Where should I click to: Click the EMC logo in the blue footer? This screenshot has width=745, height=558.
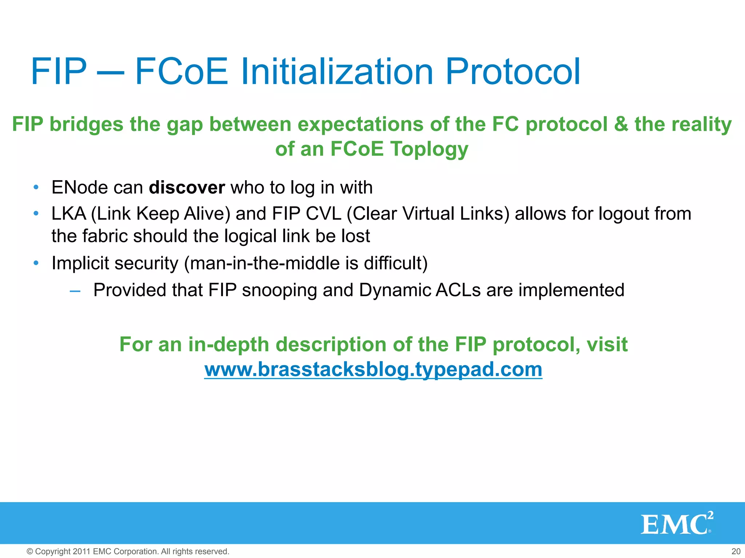pos(677,523)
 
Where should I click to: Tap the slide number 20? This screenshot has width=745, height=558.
pos(736,551)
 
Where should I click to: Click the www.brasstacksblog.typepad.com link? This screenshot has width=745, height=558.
pos(373,369)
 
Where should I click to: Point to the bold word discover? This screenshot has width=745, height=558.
pos(187,188)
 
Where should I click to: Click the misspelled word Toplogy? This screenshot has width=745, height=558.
pos(429,149)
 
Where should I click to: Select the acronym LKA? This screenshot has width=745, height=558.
pos(69,214)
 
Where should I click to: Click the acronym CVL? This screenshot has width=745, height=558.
pos(323,214)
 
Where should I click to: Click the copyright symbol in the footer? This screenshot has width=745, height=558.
pos(30,551)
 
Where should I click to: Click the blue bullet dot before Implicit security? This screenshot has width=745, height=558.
pos(36,263)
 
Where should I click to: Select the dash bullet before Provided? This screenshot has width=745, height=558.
pos(75,291)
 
